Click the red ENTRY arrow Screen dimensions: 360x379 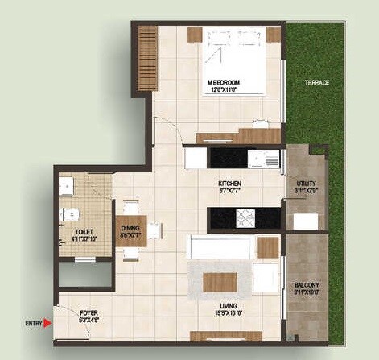click(49, 323)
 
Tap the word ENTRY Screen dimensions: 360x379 click(32, 323)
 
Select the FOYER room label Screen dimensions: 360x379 click(89, 311)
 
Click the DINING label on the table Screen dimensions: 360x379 click(131, 229)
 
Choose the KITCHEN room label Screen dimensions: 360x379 click(229, 184)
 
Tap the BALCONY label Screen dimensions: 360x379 click(307, 286)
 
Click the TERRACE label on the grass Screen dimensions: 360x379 click(316, 83)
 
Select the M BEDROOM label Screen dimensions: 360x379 click(226, 83)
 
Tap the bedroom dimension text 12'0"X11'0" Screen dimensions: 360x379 click(226, 90)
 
